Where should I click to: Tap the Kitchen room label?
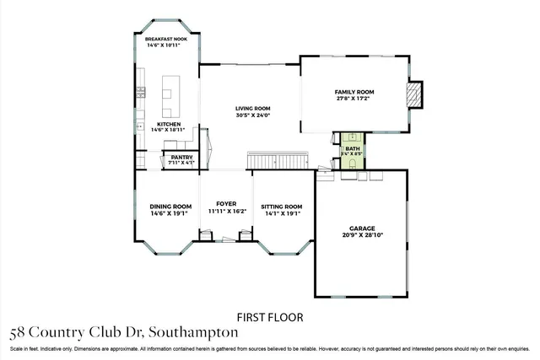[x=169, y=124]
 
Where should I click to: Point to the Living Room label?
[x=252, y=108]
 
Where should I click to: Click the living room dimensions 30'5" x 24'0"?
[x=252, y=116]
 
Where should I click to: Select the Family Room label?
[x=354, y=91]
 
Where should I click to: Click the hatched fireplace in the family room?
[x=413, y=95]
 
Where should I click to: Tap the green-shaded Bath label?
[x=352, y=148]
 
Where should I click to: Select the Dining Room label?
[x=167, y=207]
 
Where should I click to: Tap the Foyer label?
[x=225, y=203]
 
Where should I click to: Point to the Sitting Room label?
[x=281, y=207]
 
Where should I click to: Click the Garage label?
[x=363, y=228]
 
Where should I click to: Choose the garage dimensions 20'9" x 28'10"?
[x=363, y=235]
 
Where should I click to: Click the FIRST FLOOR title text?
[x=269, y=317]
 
